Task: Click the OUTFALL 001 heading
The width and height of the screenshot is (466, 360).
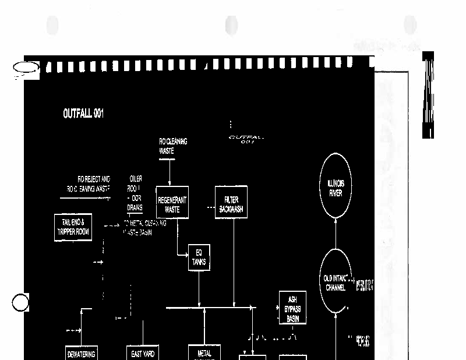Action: point(83,114)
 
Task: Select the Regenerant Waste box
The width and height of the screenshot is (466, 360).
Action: point(172,203)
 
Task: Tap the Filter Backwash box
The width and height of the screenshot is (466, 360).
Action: point(231,203)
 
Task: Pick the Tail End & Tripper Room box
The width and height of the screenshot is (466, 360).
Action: point(73,227)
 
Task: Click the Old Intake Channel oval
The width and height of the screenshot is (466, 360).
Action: point(335,283)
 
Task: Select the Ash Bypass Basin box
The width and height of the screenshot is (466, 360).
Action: point(292,308)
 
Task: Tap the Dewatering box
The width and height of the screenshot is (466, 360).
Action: point(81,353)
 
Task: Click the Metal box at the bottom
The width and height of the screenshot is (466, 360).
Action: point(204,353)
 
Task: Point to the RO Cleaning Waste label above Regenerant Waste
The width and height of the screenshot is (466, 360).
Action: point(173,146)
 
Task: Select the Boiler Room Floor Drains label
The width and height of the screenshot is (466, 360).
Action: point(135,192)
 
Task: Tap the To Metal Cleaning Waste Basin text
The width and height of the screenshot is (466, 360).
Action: point(144,227)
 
